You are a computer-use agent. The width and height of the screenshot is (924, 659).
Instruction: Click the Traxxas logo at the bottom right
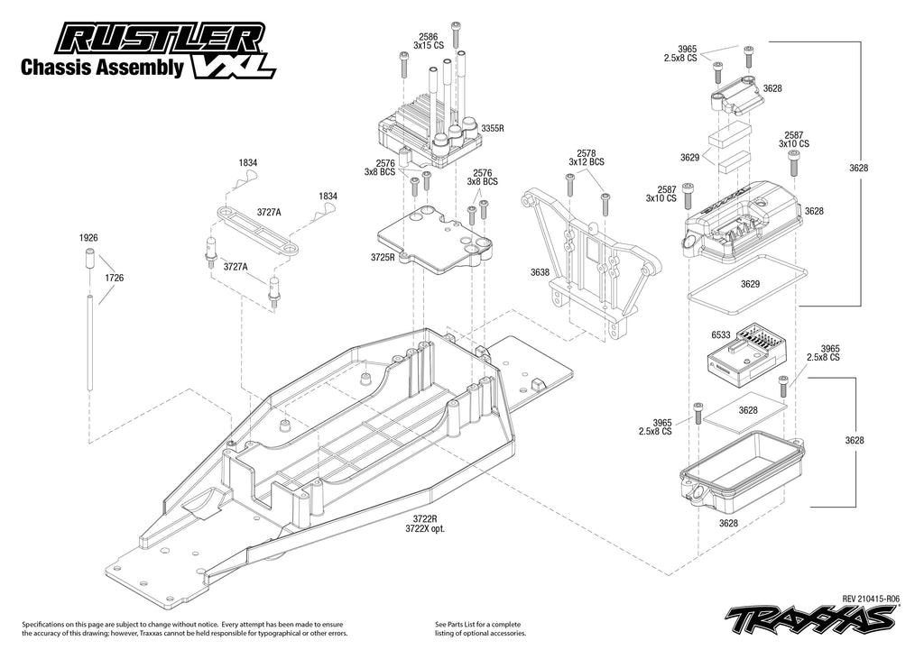coord(811,619)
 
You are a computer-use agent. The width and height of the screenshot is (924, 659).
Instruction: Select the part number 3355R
coord(492,129)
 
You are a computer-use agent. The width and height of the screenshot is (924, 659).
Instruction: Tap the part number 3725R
coord(383,257)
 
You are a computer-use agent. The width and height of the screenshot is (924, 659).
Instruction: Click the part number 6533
coord(720,334)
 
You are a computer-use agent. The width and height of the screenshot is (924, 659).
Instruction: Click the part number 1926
coord(88,237)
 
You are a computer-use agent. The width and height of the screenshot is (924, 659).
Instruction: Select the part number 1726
coord(114,279)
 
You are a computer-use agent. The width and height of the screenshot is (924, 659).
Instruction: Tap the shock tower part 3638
coord(587,261)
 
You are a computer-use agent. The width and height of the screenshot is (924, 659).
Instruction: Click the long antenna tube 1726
coord(90,343)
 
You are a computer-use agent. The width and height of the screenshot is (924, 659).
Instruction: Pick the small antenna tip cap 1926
coord(90,262)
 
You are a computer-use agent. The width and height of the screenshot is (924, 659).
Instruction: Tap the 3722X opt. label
coord(425,529)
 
